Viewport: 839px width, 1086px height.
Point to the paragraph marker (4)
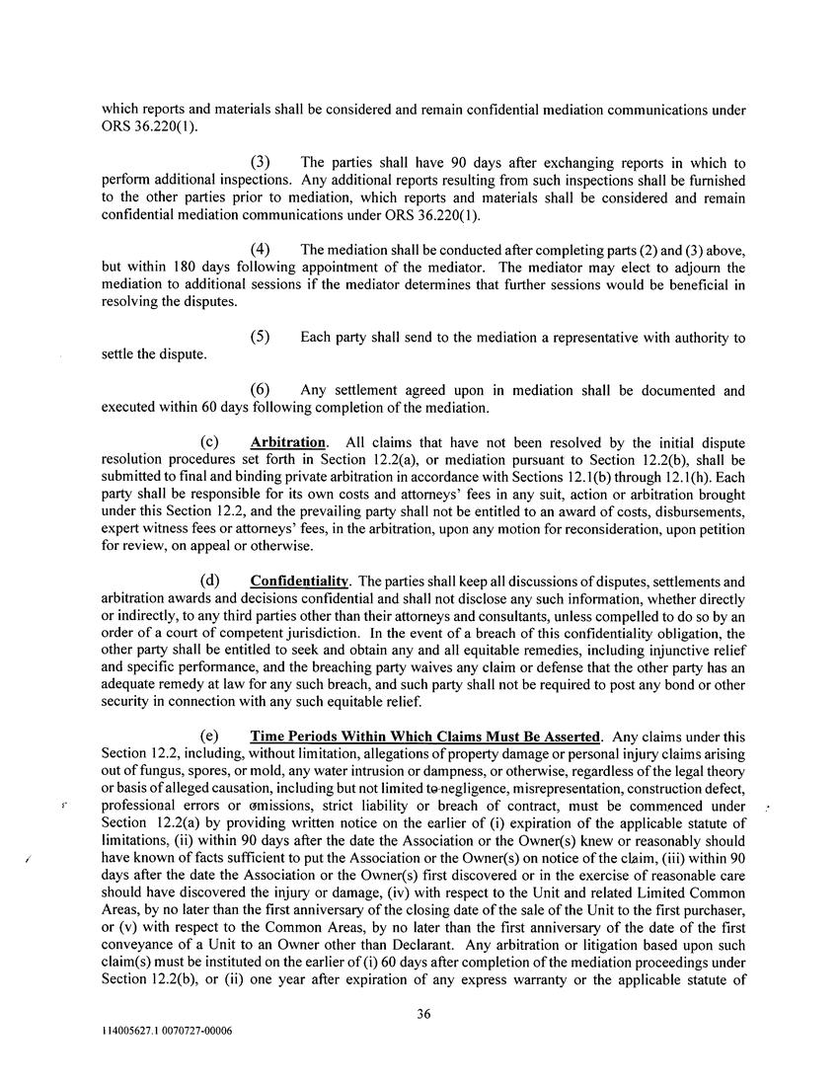[260, 250]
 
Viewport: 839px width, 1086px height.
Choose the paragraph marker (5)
[260, 337]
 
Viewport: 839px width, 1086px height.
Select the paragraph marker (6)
[260, 390]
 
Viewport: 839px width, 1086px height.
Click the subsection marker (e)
[208, 737]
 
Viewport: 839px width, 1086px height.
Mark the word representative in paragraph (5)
[578, 338]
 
